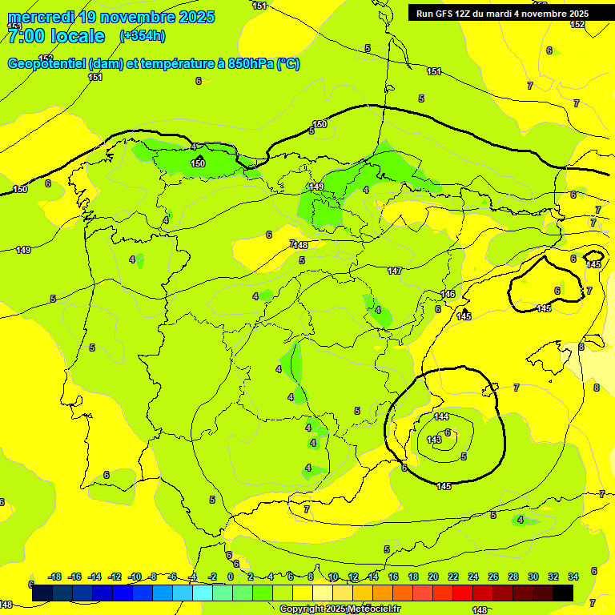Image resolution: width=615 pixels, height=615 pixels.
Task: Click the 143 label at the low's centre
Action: (x=434, y=440)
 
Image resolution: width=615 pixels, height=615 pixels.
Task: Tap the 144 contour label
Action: (x=441, y=416)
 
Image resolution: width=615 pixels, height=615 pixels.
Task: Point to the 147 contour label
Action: (x=395, y=271)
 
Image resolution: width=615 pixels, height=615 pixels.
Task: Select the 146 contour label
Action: (x=448, y=295)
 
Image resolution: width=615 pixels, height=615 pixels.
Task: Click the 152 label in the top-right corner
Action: (x=577, y=25)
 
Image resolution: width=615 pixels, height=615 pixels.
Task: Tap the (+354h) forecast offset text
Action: (x=142, y=35)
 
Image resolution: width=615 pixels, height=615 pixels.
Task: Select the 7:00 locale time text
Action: (x=56, y=36)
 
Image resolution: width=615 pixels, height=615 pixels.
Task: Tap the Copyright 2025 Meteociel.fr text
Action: (x=340, y=609)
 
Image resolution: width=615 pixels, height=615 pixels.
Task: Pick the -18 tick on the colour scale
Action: (x=54, y=577)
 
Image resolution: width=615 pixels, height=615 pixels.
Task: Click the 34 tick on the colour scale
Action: (x=573, y=577)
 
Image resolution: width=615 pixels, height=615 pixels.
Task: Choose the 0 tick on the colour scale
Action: (x=230, y=577)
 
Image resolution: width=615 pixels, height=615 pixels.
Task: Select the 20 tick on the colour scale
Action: (x=432, y=577)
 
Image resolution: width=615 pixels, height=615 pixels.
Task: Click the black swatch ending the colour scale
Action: (x=563, y=593)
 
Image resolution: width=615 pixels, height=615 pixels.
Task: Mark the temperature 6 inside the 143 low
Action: (x=448, y=432)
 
